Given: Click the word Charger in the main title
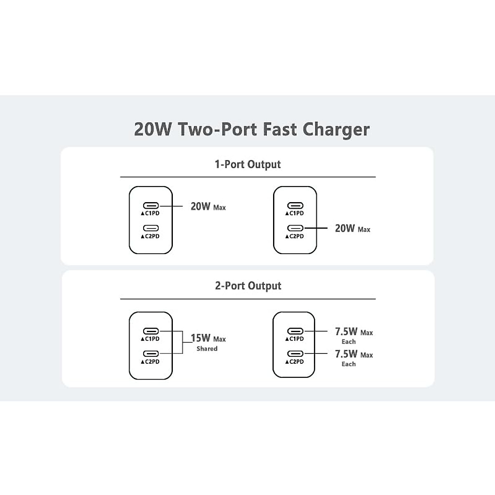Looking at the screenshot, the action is pyautogui.click(x=336, y=129).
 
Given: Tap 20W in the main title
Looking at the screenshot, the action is pyautogui.click(x=152, y=129).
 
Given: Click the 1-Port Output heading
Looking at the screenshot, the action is pyautogui.click(x=247, y=164).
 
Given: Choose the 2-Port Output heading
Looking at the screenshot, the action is pyautogui.click(x=248, y=286).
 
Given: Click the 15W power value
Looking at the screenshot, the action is pyautogui.click(x=201, y=338).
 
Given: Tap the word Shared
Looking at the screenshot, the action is pyautogui.click(x=207, y=349).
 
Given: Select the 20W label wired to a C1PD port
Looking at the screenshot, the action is pyautogui.click(x=201, y=206).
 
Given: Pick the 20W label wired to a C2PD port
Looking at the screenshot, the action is pyautogui.click(x=345, y=228).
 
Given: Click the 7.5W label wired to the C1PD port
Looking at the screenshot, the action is pyautogui.click(x=346, y=331).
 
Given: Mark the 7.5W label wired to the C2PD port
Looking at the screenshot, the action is pyautogui.click(x=346, y=354).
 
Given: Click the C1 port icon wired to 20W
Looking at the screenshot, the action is pyautogui.click(x=151, y=206).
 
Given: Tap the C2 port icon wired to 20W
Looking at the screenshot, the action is pyautogui.click(x=295, y=228).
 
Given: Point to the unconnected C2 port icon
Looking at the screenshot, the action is pyautogui.click(x=151, y=228).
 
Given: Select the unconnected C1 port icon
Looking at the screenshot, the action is pyautogui.click(x=295, y=206).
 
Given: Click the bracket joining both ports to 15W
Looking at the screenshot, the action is pyautogui.click(x=182, y=342).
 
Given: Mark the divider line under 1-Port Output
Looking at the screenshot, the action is pyautogui.click(x=247, y=177).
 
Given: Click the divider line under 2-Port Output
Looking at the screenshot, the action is pyautogui.click(x=247, y=299).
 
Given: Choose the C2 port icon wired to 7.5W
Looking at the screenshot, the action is pyautogui.click(x=295, y=354).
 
